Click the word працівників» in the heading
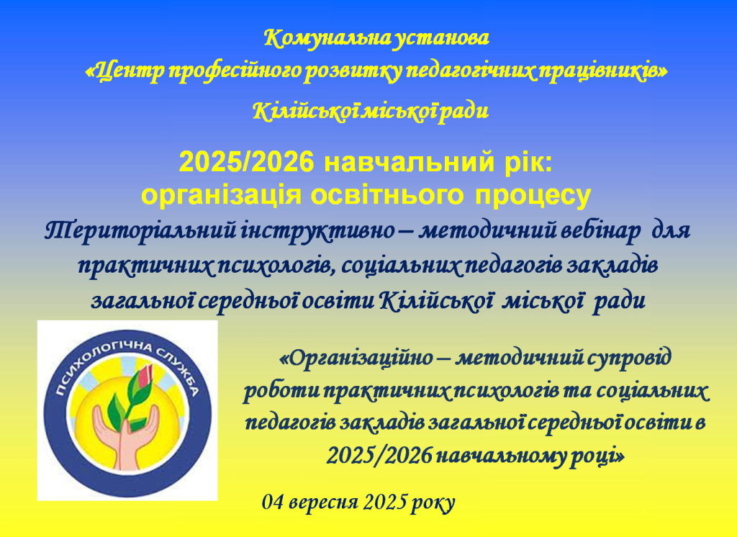[x=602, y=71]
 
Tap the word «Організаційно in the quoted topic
[x=356, y=358]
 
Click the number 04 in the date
[x=273, y=502]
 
